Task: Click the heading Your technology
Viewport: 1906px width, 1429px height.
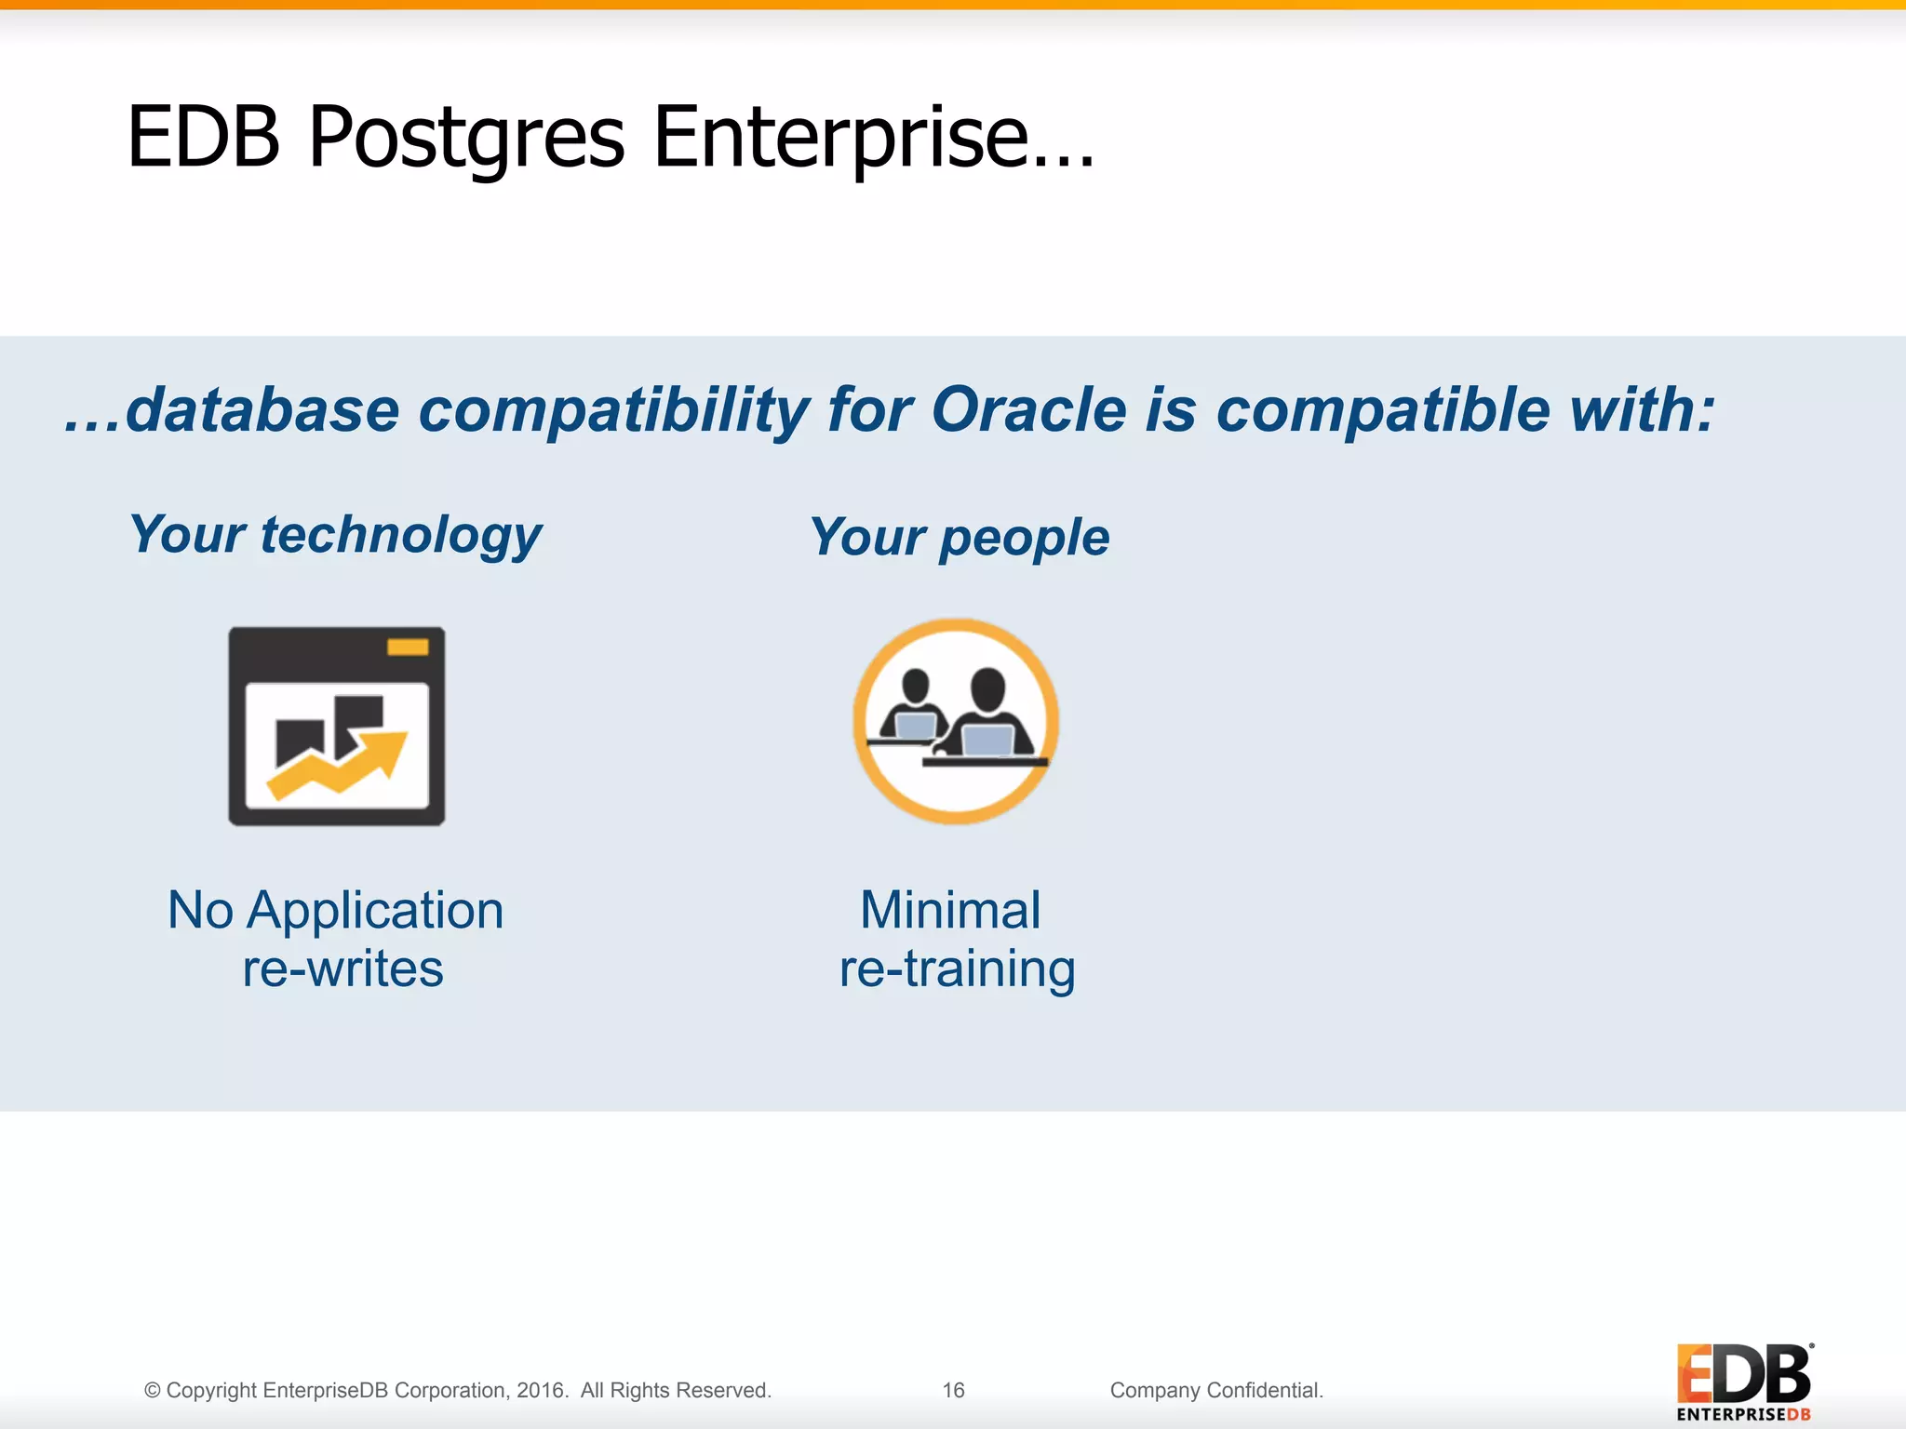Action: (335, 535)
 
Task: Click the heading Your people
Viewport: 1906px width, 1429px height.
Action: (960, 538)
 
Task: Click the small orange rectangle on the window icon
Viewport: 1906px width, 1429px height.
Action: (408, 648)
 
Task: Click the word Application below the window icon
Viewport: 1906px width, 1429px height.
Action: (374, 910)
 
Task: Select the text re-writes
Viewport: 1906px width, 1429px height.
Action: (342, 968)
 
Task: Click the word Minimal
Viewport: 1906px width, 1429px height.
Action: (950, 910)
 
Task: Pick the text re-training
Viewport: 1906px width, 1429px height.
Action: (957, 968)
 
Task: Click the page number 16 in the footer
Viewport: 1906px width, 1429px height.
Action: (953, 1390)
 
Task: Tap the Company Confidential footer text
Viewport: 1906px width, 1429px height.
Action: (1215, 1390)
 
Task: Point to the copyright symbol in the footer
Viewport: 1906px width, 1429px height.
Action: (153, 1391)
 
